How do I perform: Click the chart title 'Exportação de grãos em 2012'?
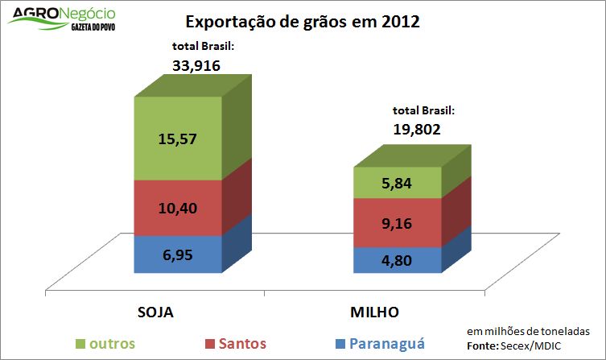(303, 22)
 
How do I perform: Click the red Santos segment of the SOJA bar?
(177, 208)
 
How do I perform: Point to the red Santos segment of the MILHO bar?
(398, 222)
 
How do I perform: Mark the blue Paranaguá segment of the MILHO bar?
(398, 259)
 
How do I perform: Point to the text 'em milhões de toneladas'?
(528, 332)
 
